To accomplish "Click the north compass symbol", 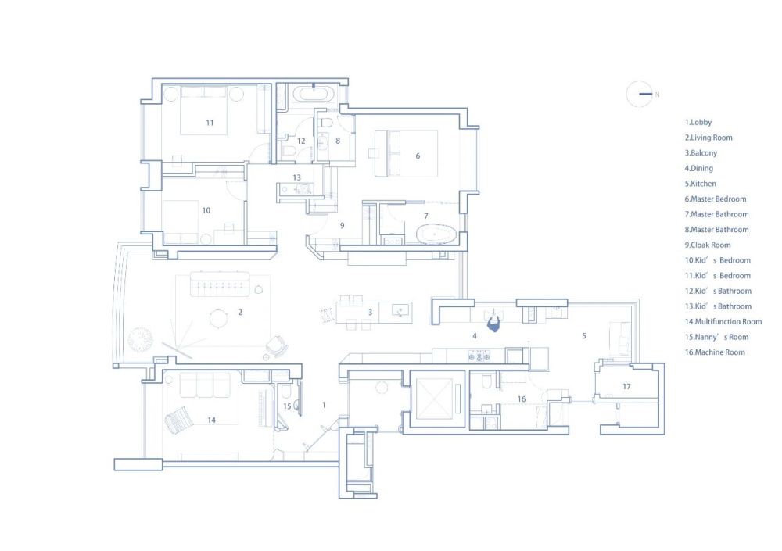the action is tap(640, 94).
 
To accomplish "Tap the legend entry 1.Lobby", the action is tap(698, 122).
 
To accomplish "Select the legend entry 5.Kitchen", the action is tap(700, 184).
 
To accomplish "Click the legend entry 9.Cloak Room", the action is tap(707, 245).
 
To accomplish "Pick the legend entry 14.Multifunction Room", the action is tap(723, 322).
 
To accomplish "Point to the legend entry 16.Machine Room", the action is tap(715, 352).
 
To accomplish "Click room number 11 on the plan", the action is tap(210, 123).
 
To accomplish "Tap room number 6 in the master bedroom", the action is tap(418, 156).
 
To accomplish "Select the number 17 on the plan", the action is tap(627, 386).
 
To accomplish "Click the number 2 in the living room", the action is tap(240, 312).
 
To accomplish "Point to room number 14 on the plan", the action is tap(211, 420).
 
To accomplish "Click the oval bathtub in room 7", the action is tap(436, 234).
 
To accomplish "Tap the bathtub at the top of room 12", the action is tap(314, 93).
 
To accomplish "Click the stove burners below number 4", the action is tap(479, 356).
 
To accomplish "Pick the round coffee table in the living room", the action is tap(218, 319).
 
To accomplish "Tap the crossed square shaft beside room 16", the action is tap(434, 399).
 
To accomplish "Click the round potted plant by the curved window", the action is tap(140, 339).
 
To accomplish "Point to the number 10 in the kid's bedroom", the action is tap(206, 210).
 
